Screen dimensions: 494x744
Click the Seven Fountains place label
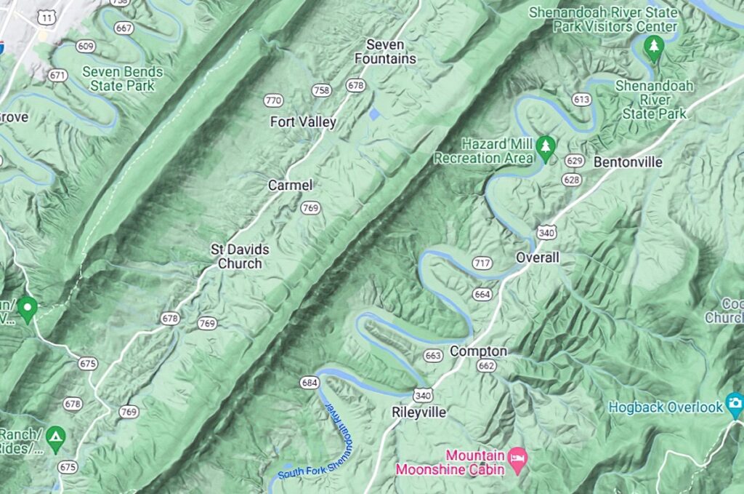385,52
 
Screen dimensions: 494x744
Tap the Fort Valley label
303,121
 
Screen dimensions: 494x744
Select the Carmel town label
290,186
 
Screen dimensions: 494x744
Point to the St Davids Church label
240,256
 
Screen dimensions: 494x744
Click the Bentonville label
628,162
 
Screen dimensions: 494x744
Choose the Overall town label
538,258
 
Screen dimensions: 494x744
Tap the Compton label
478,351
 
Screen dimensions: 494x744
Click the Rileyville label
419,413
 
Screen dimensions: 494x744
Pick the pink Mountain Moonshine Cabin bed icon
519,459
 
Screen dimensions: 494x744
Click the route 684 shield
310,383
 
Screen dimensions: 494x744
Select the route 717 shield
482,263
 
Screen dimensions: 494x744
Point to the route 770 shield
273,100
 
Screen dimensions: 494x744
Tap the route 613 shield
581,100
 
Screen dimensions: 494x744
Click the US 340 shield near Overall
546,231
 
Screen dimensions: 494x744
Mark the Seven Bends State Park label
122,79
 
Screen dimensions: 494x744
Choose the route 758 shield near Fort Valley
321,90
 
